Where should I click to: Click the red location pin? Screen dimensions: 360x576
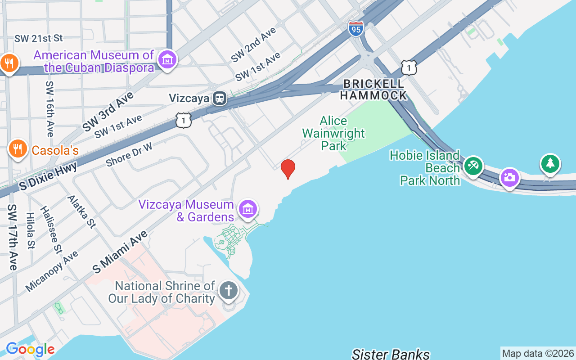288,169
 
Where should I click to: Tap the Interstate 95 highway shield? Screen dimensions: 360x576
355,28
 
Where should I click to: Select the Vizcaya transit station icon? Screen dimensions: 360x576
220,98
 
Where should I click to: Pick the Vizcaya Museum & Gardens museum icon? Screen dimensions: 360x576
248,209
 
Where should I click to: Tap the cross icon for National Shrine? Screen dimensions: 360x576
228,290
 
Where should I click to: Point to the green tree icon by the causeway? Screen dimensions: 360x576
550,163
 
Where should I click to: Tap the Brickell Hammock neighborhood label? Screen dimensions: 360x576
373,90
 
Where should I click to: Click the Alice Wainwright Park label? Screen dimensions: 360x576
333,133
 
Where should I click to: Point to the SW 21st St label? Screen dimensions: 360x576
39,39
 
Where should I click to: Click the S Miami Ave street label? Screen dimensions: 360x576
120,252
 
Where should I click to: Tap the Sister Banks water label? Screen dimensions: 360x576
391,354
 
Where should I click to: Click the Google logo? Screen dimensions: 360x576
30,349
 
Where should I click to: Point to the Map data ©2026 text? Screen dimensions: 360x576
538,354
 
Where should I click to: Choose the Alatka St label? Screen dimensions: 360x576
81,211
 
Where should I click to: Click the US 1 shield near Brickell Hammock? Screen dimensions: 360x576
409,67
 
